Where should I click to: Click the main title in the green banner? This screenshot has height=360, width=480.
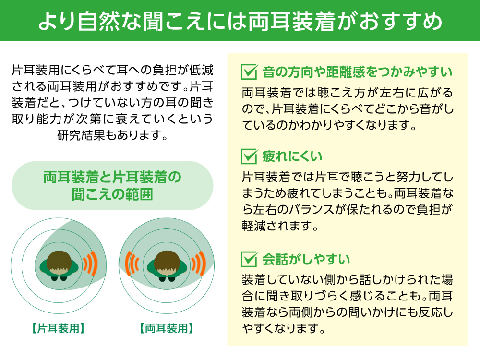[240, 21]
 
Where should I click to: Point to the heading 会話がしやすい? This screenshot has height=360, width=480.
[306, 259]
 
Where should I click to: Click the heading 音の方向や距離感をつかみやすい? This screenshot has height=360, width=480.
[358, 72]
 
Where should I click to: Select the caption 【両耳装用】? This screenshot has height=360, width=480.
[166, 329]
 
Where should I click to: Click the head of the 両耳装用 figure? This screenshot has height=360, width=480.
[166, 262]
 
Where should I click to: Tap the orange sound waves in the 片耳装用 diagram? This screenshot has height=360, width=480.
[90, 263]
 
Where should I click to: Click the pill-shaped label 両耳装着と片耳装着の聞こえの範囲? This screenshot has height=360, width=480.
[112, 185]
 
